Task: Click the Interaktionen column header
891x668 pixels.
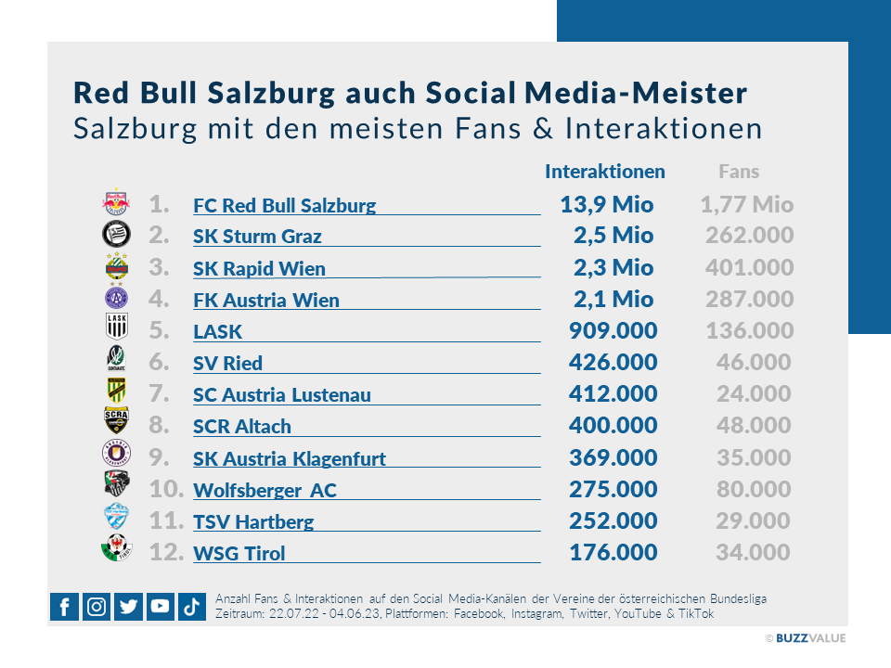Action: [x=604, y=172]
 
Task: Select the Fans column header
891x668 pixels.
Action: [x=739, y=172]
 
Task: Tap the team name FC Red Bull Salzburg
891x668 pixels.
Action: [x=284, y=205]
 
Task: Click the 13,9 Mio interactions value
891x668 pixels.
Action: [x=606, y=204]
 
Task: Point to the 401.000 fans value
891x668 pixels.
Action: [x=749, y=267]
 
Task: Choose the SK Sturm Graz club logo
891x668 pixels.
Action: [x=116, y=235]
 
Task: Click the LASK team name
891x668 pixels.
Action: [x=217, y=331]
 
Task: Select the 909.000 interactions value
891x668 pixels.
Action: [x=612, y=330]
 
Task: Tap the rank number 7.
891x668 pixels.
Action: [x=159, y=393]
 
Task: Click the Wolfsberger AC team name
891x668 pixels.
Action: [x=265, y=490]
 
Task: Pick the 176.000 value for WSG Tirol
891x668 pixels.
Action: [x=612, y=552]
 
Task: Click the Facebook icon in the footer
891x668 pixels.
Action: [x=64, y=607]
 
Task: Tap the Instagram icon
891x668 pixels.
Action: [x=97, y=607]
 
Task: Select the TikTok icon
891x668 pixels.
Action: [x=191, y=607]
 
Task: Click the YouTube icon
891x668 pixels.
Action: [x=160, y=607]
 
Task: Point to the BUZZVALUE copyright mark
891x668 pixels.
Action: [x=805, y=638]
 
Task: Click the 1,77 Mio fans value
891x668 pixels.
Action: [x=746, y=204]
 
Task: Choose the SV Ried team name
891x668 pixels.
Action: [x=227, y=363]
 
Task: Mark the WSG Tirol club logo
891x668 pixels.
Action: [x=116, y=550]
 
